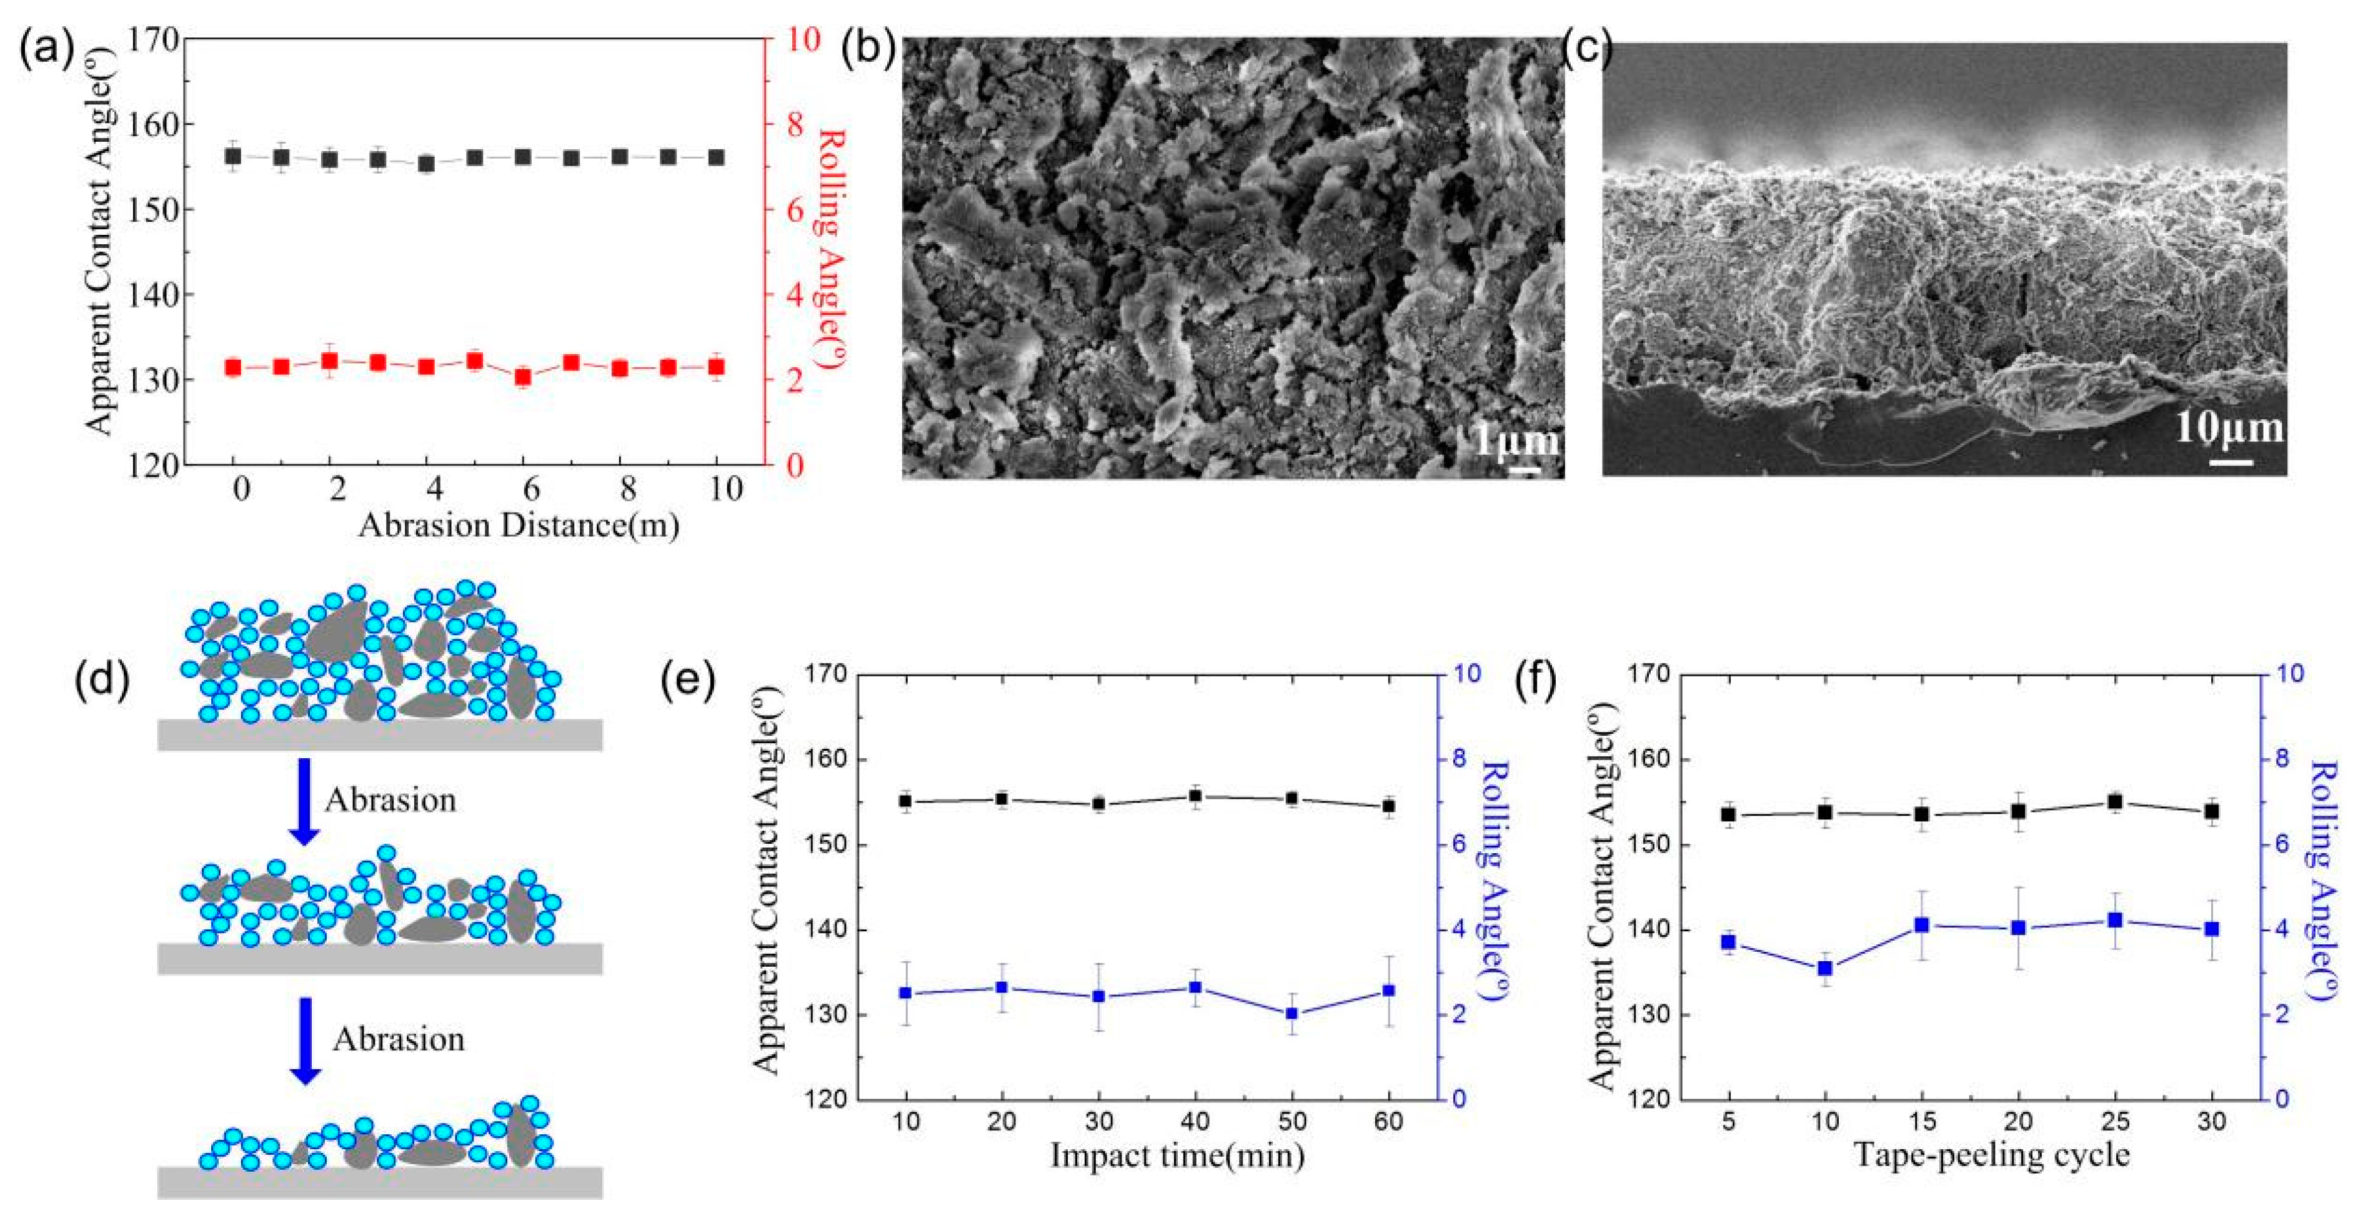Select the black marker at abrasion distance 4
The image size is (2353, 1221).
(425, 164)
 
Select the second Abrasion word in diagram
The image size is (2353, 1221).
(398, 1039)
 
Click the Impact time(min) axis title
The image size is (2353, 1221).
(1176, 1155)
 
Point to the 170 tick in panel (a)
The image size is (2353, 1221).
(154, 41)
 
